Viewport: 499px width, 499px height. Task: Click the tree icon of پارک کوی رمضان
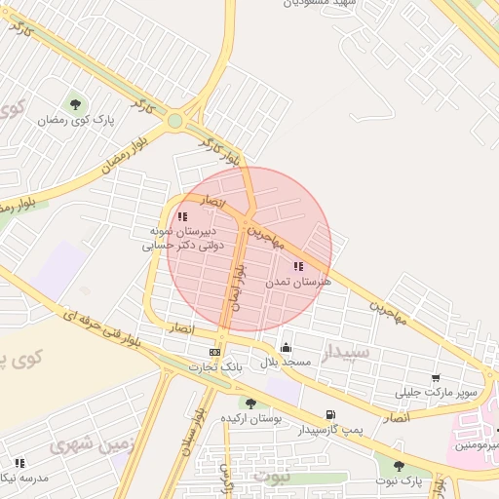click(x=75, y=104)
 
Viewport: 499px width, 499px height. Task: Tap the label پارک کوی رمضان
click(x=76, y=120)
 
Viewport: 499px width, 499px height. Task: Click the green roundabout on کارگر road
click(x=174, y=121)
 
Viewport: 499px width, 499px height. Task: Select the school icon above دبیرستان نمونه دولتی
click(x=182, y=216)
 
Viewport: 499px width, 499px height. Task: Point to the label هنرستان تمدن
click(x=298, y=282)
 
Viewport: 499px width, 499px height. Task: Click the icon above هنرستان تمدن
click(x=298, y=266)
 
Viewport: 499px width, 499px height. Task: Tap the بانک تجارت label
click(x=215, y=367)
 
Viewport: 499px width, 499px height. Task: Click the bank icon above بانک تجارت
click(x=214, y=352)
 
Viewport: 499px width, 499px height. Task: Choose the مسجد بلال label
click(x=285, y=363)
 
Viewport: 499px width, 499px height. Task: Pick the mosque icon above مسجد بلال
click(x=286, y=348)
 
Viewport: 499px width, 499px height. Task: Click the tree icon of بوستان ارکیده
click(x=250, y=403)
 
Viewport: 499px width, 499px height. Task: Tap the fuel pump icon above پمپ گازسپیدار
click(x=331, y=414)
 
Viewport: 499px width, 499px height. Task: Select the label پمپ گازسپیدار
click(x=330, y=430)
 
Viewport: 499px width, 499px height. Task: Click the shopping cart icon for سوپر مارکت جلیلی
click(x=435, y=378)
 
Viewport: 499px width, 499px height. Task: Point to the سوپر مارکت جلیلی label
click(x=436, y=393)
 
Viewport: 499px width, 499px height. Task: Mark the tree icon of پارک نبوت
click(x=399, y=466)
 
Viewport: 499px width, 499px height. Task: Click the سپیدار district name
click(x=346, y=351)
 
